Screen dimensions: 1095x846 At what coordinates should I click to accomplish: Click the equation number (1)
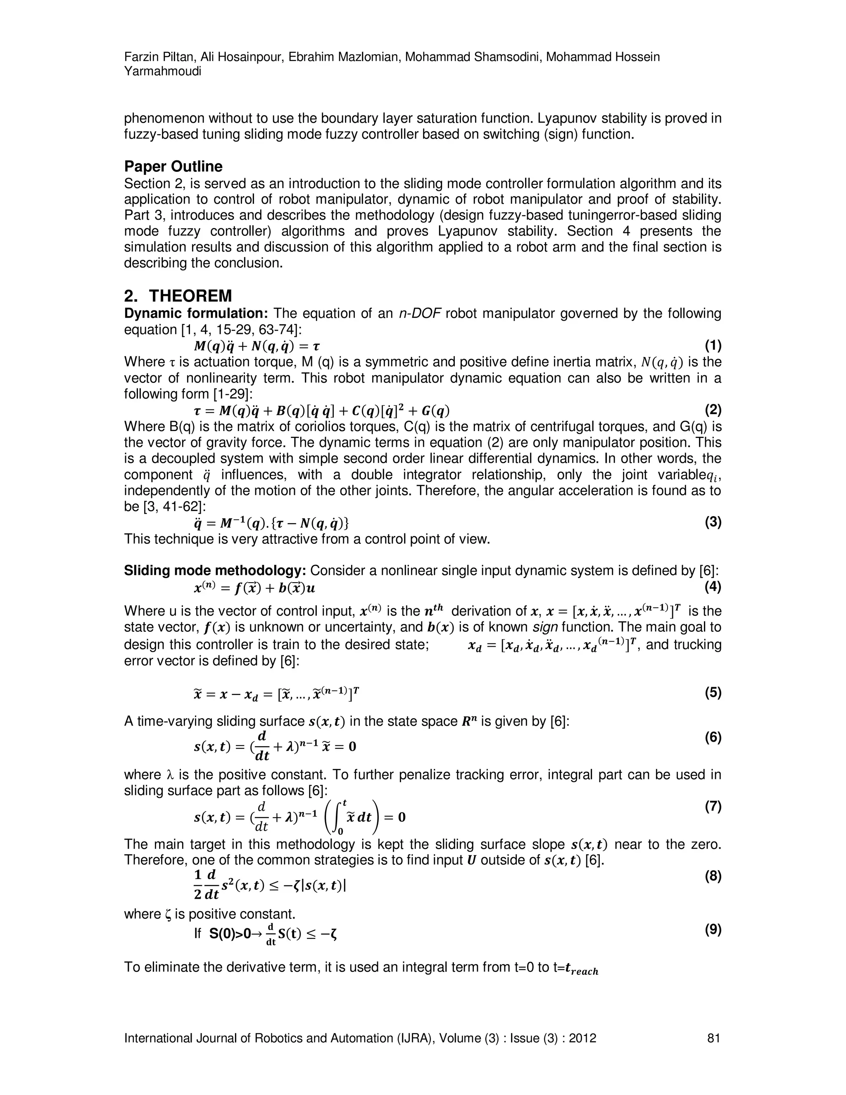click(x=713, y=345)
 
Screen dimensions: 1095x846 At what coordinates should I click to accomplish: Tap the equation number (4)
click(x=713, y=586)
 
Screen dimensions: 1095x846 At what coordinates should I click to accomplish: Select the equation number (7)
click(x=713, y=807)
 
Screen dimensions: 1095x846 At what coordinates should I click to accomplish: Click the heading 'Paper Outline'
click(x=173, y=167)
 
